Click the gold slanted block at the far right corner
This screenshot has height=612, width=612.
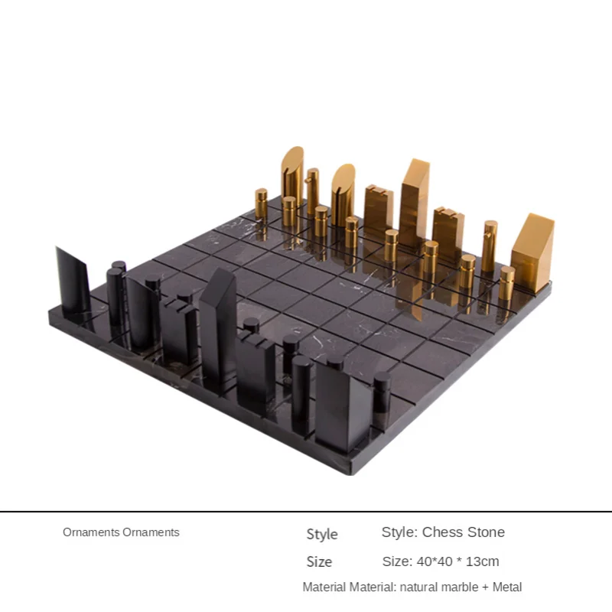(x=532, y=245)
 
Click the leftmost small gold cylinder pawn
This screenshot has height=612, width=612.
(x=261, y=205)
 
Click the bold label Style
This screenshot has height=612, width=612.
(x=322, y=534)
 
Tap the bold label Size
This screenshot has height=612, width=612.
(x=319, y=562)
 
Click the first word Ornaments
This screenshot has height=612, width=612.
(x=91, y=532)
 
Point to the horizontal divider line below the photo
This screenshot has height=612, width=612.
(x=306, y=511)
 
